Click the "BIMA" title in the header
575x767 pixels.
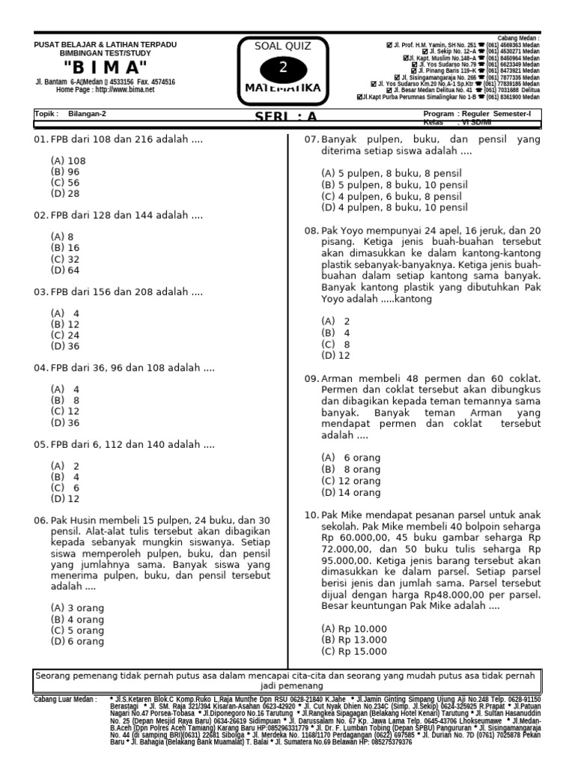(105, 67)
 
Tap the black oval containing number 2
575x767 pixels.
(282, 69)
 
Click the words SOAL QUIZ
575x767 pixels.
(283, 46)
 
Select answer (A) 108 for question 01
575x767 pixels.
(68, 160)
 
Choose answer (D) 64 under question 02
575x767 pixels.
(66, 270)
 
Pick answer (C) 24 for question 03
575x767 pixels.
(66, 335)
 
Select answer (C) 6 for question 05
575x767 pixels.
(66, 487)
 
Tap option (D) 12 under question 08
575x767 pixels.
(336, 356)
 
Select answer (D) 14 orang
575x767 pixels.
(351, 492)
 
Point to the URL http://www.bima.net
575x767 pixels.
(124, 89)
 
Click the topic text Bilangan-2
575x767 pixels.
(88, 114)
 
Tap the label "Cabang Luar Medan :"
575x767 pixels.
(65, 699)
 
